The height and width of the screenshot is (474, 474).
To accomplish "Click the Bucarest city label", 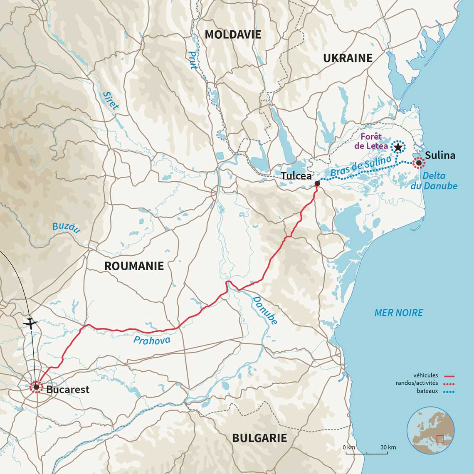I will coord(68,390).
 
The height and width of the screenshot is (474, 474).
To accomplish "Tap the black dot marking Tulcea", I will coord(317,183).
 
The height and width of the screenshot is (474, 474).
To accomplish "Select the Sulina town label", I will coord(440,156).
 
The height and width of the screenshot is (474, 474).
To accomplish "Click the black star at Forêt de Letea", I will coord(398,147).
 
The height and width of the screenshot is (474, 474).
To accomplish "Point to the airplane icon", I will coord(30,322).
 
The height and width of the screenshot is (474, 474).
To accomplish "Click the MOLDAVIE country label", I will coord(233,35).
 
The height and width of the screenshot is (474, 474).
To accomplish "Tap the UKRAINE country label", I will coord(348,58).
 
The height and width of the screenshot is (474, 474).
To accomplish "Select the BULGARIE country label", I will coord(259,438).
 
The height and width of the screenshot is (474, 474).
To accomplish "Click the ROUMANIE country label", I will coord(134,266).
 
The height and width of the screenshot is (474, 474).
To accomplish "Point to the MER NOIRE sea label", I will coord(398,313).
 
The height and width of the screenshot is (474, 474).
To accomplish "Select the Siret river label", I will coord(111,100).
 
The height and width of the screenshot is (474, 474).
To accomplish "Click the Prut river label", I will coord(193,60).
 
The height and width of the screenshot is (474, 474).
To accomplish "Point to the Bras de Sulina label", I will coord(361,167).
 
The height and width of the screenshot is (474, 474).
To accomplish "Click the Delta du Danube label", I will coord(434,181).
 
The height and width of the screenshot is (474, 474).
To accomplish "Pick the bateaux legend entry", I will coord(427,391).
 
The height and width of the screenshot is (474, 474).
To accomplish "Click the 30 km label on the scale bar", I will coord(388,447).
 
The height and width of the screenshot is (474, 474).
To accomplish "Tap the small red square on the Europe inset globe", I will coord(440,438).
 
